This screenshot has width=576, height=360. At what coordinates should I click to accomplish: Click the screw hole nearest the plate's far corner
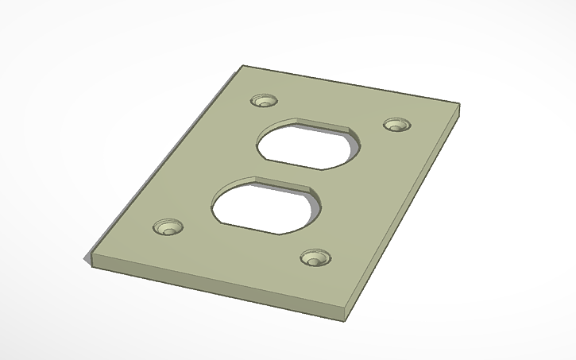263,101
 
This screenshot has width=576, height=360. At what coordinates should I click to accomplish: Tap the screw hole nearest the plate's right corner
396,125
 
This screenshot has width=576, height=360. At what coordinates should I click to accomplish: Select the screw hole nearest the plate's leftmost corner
167,227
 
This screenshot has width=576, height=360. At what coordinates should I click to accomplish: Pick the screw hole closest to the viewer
315,257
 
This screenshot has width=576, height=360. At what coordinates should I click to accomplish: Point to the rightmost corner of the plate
458,104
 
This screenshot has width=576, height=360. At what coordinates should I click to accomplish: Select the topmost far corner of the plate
244,66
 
